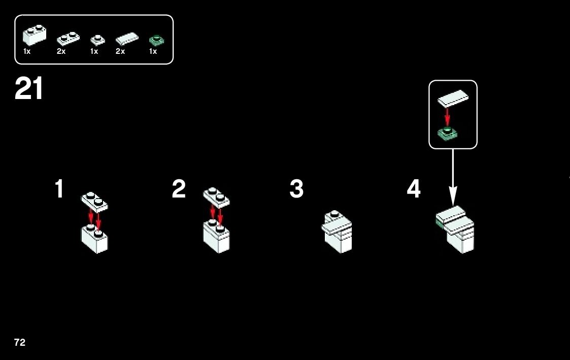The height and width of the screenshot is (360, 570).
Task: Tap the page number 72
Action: [x=20, y=343]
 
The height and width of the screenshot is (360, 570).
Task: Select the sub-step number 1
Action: [x=59, y=189]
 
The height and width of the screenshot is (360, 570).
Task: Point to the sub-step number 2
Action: [x=179, y=189]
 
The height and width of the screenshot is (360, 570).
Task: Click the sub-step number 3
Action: [x=296, y=189]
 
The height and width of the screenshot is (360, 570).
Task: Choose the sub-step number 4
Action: [x=414, y=189]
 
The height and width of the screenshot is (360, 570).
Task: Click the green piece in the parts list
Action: [x=156, y=40]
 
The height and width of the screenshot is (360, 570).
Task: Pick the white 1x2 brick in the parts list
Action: [x=34, y=35]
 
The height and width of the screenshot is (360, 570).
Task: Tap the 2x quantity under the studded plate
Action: [x=61, y=51]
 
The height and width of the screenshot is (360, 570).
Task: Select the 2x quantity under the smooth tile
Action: [x=120, y=51]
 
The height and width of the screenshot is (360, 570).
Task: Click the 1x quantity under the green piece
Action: [x=153, y=51]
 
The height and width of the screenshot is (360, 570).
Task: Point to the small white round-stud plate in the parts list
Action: [x=97, y=39]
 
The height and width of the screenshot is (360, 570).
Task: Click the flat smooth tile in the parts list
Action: [x=127, y=38]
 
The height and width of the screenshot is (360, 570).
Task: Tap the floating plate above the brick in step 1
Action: [x=94, y=202]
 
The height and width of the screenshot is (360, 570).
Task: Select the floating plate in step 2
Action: [x=216, y=197]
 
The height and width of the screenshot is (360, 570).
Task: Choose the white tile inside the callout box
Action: [x=453, y=98]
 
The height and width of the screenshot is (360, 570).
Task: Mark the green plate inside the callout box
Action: [x=447, y=134]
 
